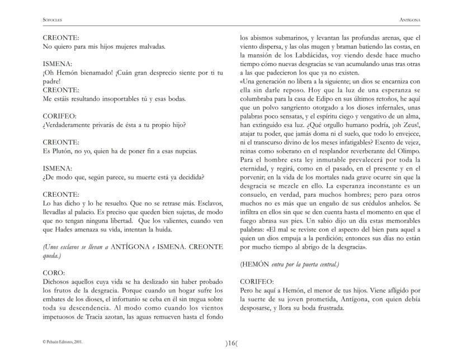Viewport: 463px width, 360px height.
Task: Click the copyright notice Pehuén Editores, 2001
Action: point(64,340)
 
